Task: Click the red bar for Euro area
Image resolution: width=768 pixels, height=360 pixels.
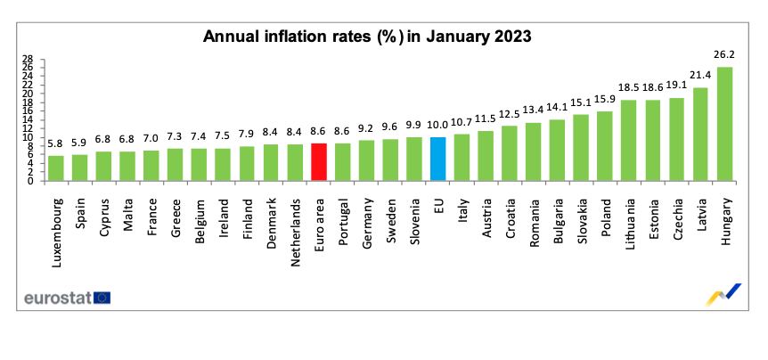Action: click(x=319, y=162)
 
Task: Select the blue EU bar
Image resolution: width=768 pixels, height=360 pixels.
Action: click(x=437, y=159)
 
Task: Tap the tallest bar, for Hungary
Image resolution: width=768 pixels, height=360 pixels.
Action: click(x=724, y=124)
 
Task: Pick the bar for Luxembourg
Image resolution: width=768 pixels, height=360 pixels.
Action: click(x=56, y=168)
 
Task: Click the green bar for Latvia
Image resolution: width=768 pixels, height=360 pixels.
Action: click(x=700, y=135)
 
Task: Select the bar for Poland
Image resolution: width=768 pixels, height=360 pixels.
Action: click(x=605, y=146)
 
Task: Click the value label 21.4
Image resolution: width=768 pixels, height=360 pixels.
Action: click(x=700, y=75)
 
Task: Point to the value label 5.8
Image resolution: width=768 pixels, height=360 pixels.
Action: click(x=56, y=143)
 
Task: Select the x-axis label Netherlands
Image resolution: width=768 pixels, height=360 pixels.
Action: click(x=295, y=224)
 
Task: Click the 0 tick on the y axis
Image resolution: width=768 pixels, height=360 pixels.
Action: click(x=30, y=181)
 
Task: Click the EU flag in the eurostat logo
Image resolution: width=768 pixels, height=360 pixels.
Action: click(x=102, y=297)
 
